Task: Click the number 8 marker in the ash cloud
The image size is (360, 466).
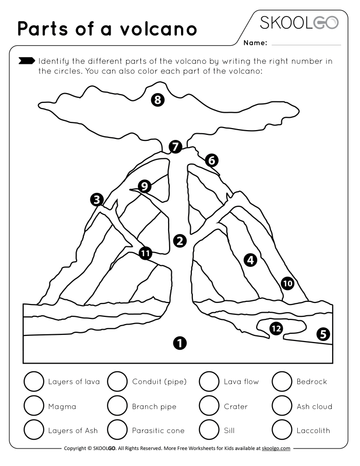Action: [x=158, y=100]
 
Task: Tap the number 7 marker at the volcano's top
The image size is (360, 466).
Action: [x=176, y=147]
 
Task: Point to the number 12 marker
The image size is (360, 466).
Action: [x=276, y=328]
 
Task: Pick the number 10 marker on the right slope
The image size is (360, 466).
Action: [x=287, y=282]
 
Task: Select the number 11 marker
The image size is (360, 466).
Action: [x=146, y=253]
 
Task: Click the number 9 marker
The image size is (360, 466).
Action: [x=145, y=186]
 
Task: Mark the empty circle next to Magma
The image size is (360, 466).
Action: [x=34, y=406]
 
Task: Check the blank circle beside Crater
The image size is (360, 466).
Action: [x=209, y=406]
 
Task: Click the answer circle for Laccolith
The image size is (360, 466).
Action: [x=282, y=430]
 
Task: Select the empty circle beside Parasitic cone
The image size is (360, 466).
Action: [x=117, y=430]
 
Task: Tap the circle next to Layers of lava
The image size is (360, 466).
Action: [x=34, y=382]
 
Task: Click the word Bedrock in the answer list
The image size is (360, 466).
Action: [x=312, y=382]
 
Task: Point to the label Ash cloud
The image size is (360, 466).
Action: [x=314, y=406]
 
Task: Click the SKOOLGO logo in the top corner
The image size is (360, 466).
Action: [x=299, y=23]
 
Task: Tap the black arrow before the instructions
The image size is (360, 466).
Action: [x=27, y=61]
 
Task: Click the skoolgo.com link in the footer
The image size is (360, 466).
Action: [x=276, y=449]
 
